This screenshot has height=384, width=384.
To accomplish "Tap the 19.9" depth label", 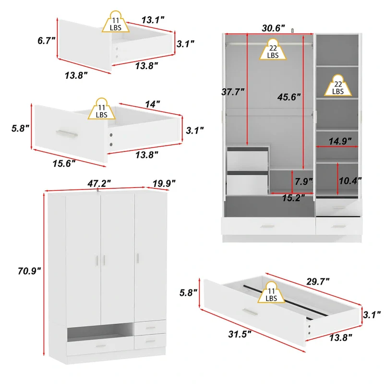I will pos(163,183).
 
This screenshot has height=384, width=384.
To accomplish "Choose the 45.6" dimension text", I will pos(288,96).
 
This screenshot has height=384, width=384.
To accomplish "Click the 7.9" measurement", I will pos(303,181).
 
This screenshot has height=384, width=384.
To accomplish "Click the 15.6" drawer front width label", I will pos(64,164).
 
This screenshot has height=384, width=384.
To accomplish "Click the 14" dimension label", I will pos(151,104).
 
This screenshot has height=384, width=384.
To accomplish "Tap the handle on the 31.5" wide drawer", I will pos(249,312).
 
